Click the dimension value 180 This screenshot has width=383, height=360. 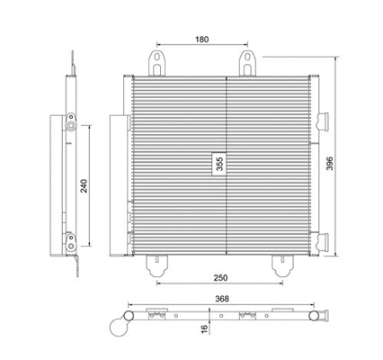201,40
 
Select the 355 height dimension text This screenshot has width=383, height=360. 218,165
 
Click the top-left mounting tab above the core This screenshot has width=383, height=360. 158,64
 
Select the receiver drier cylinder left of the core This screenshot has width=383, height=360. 116,184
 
